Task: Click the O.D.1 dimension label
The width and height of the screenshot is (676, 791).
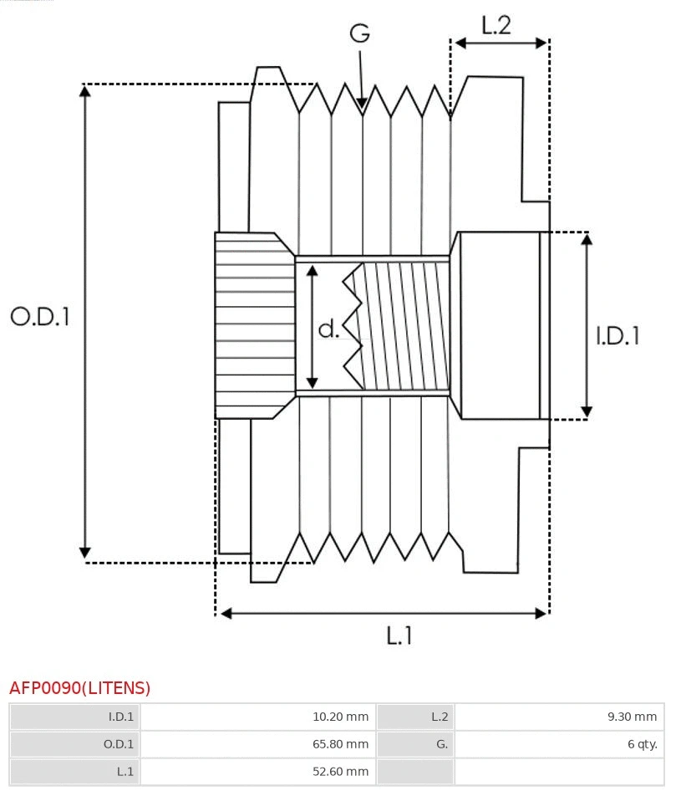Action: point(40,316)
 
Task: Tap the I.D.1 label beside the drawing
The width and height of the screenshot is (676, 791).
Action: point(618,335)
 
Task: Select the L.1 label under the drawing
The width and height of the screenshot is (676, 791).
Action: point(399,636)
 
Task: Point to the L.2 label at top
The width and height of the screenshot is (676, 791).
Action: point(496,25)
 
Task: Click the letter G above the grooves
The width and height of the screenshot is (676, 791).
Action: point(359,33)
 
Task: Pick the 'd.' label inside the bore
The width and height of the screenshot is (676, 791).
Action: point(329,329)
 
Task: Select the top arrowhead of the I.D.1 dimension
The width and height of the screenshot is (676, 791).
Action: point(587,238)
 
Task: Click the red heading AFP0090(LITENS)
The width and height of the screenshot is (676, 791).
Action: point(80,688)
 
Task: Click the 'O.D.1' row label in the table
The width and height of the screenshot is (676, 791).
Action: point(118,743)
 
